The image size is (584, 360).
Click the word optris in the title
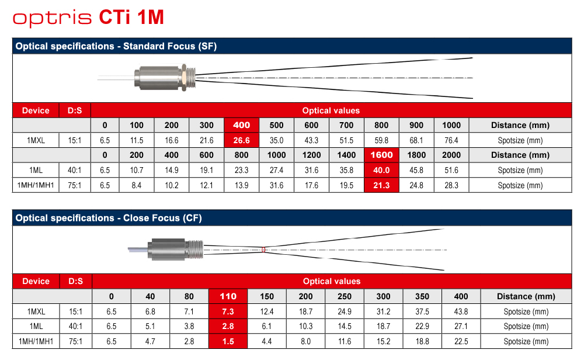pyautogui.click(x=52, y=18)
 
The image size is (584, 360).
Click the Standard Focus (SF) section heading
pyautogui.click(x=116, y=46)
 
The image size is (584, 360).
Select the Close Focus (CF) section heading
pyautogui.click(x=109, y=218)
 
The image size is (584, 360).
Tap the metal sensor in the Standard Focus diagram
pyautogui.click(x=165, y=78)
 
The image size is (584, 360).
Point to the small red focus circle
pyautogui.click(x=263, y=250)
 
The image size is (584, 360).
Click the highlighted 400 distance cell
pyautogui.click(x=241, y=125)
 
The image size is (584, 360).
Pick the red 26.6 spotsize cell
pyautogui.click(x=241, y=140)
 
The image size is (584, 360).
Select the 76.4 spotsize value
pyautogui.click(x=451, y=140)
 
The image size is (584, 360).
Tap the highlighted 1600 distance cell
pyautogui.click(x=381, y=155)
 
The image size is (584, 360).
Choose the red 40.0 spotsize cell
pyautogui.click(x=381, y=170)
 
